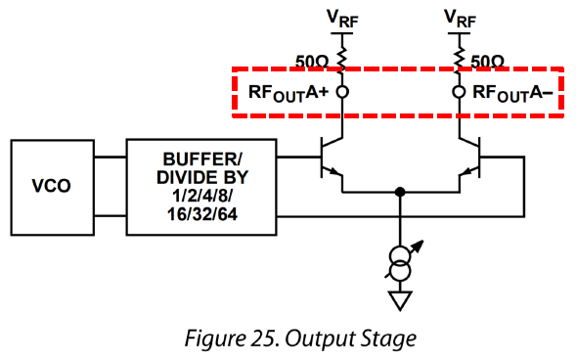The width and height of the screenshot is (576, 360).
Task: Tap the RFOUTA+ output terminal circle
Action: pyautogui.click(x=342, y=92)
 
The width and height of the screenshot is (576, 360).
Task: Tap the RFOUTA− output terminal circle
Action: pyautogui.click(x=459, y=92)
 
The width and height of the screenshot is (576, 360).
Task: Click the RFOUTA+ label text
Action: pyautogui.click(x=288, y=93)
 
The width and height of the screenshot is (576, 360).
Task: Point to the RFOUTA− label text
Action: pyautogui.click(x=512, y=93)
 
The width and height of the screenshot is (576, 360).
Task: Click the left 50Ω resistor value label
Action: pyautogui.click(x=312, y=62)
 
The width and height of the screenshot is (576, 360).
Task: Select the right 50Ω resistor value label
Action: pyautogui.click(x=487, y=62)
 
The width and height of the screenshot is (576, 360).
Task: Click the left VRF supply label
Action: pyautogui.click(x=342, y=19)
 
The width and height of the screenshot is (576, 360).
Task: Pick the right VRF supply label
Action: pyautogui.click(x=460, y=19)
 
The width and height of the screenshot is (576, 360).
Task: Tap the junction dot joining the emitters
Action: pyautogui.click(x=400, y=192)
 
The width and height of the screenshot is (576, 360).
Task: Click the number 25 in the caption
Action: pyautogui.click(x=262, y=338)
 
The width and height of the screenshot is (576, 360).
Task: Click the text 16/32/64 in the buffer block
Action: pyautogui.click(x=202, y=214)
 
